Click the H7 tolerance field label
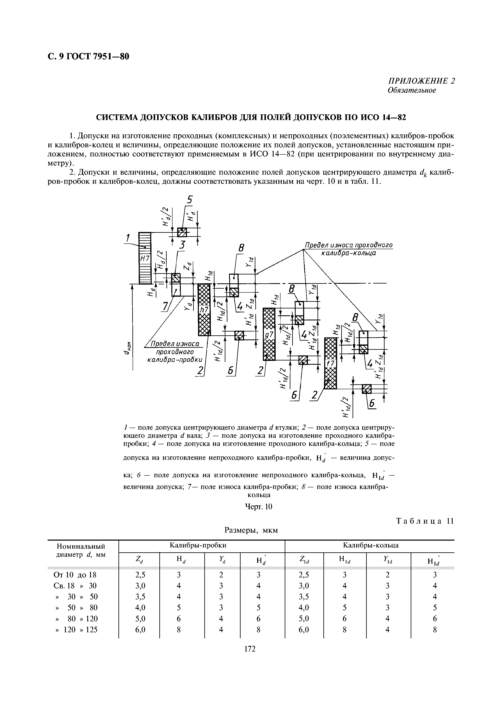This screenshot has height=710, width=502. pyautogui.click(x=144, y=259)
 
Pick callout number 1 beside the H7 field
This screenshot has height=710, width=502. pyautogui.click(x=127, y=238)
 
